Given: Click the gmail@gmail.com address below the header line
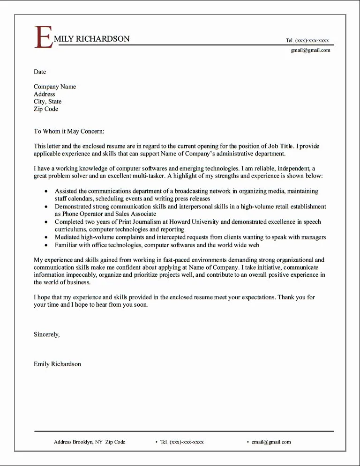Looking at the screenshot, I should pos(310,50).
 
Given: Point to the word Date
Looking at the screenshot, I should pos(40,72).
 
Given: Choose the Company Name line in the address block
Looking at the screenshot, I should pos(55,87).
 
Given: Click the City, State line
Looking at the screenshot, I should pos(47,102).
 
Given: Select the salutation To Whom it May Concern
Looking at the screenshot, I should pos(69,132).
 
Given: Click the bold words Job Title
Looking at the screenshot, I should pos(280,146).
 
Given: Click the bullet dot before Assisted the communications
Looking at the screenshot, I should pos(45,192).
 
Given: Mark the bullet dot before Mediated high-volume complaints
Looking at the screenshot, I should pos(45,237).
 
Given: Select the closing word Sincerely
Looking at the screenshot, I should pos(46,334).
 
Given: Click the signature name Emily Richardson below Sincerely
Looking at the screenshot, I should pos(57,364).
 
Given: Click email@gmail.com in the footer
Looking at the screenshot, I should pos(271,442).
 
